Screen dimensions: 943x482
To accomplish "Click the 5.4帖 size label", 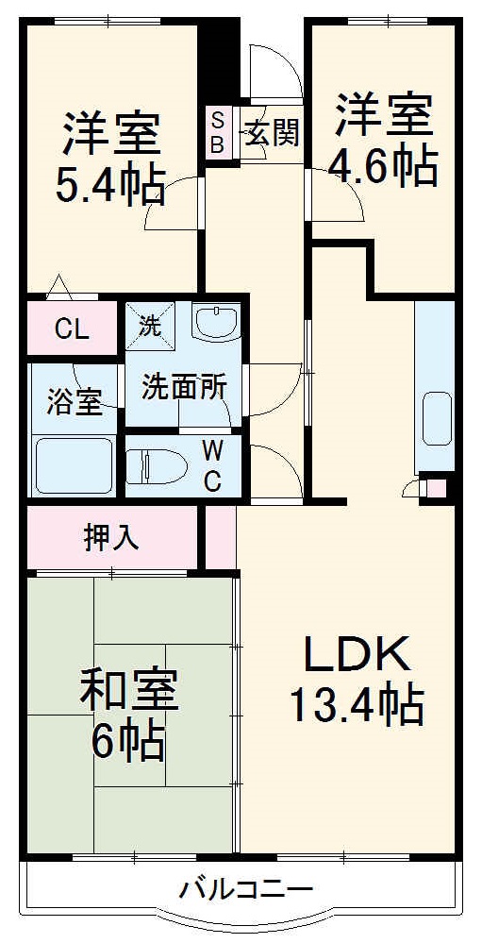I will (x=110, y=185).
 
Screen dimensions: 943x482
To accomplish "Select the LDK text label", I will (x=357, y=654).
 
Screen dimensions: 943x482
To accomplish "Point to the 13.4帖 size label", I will (x=357, y=704).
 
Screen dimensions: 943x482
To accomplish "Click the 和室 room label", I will (x=129, y=692).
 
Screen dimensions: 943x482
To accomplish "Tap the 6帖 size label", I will (x=129, y=742).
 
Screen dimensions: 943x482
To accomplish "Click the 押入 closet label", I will (x=111, y=537).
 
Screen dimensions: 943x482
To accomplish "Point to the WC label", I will (x=212, y=464).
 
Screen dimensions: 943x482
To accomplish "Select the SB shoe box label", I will (x=217, y=133).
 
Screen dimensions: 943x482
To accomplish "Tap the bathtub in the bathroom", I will (x=74, y=464).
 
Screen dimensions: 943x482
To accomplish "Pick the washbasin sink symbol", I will (x=218, y=322).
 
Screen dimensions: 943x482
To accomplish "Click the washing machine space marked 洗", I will (x=150, y=326).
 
